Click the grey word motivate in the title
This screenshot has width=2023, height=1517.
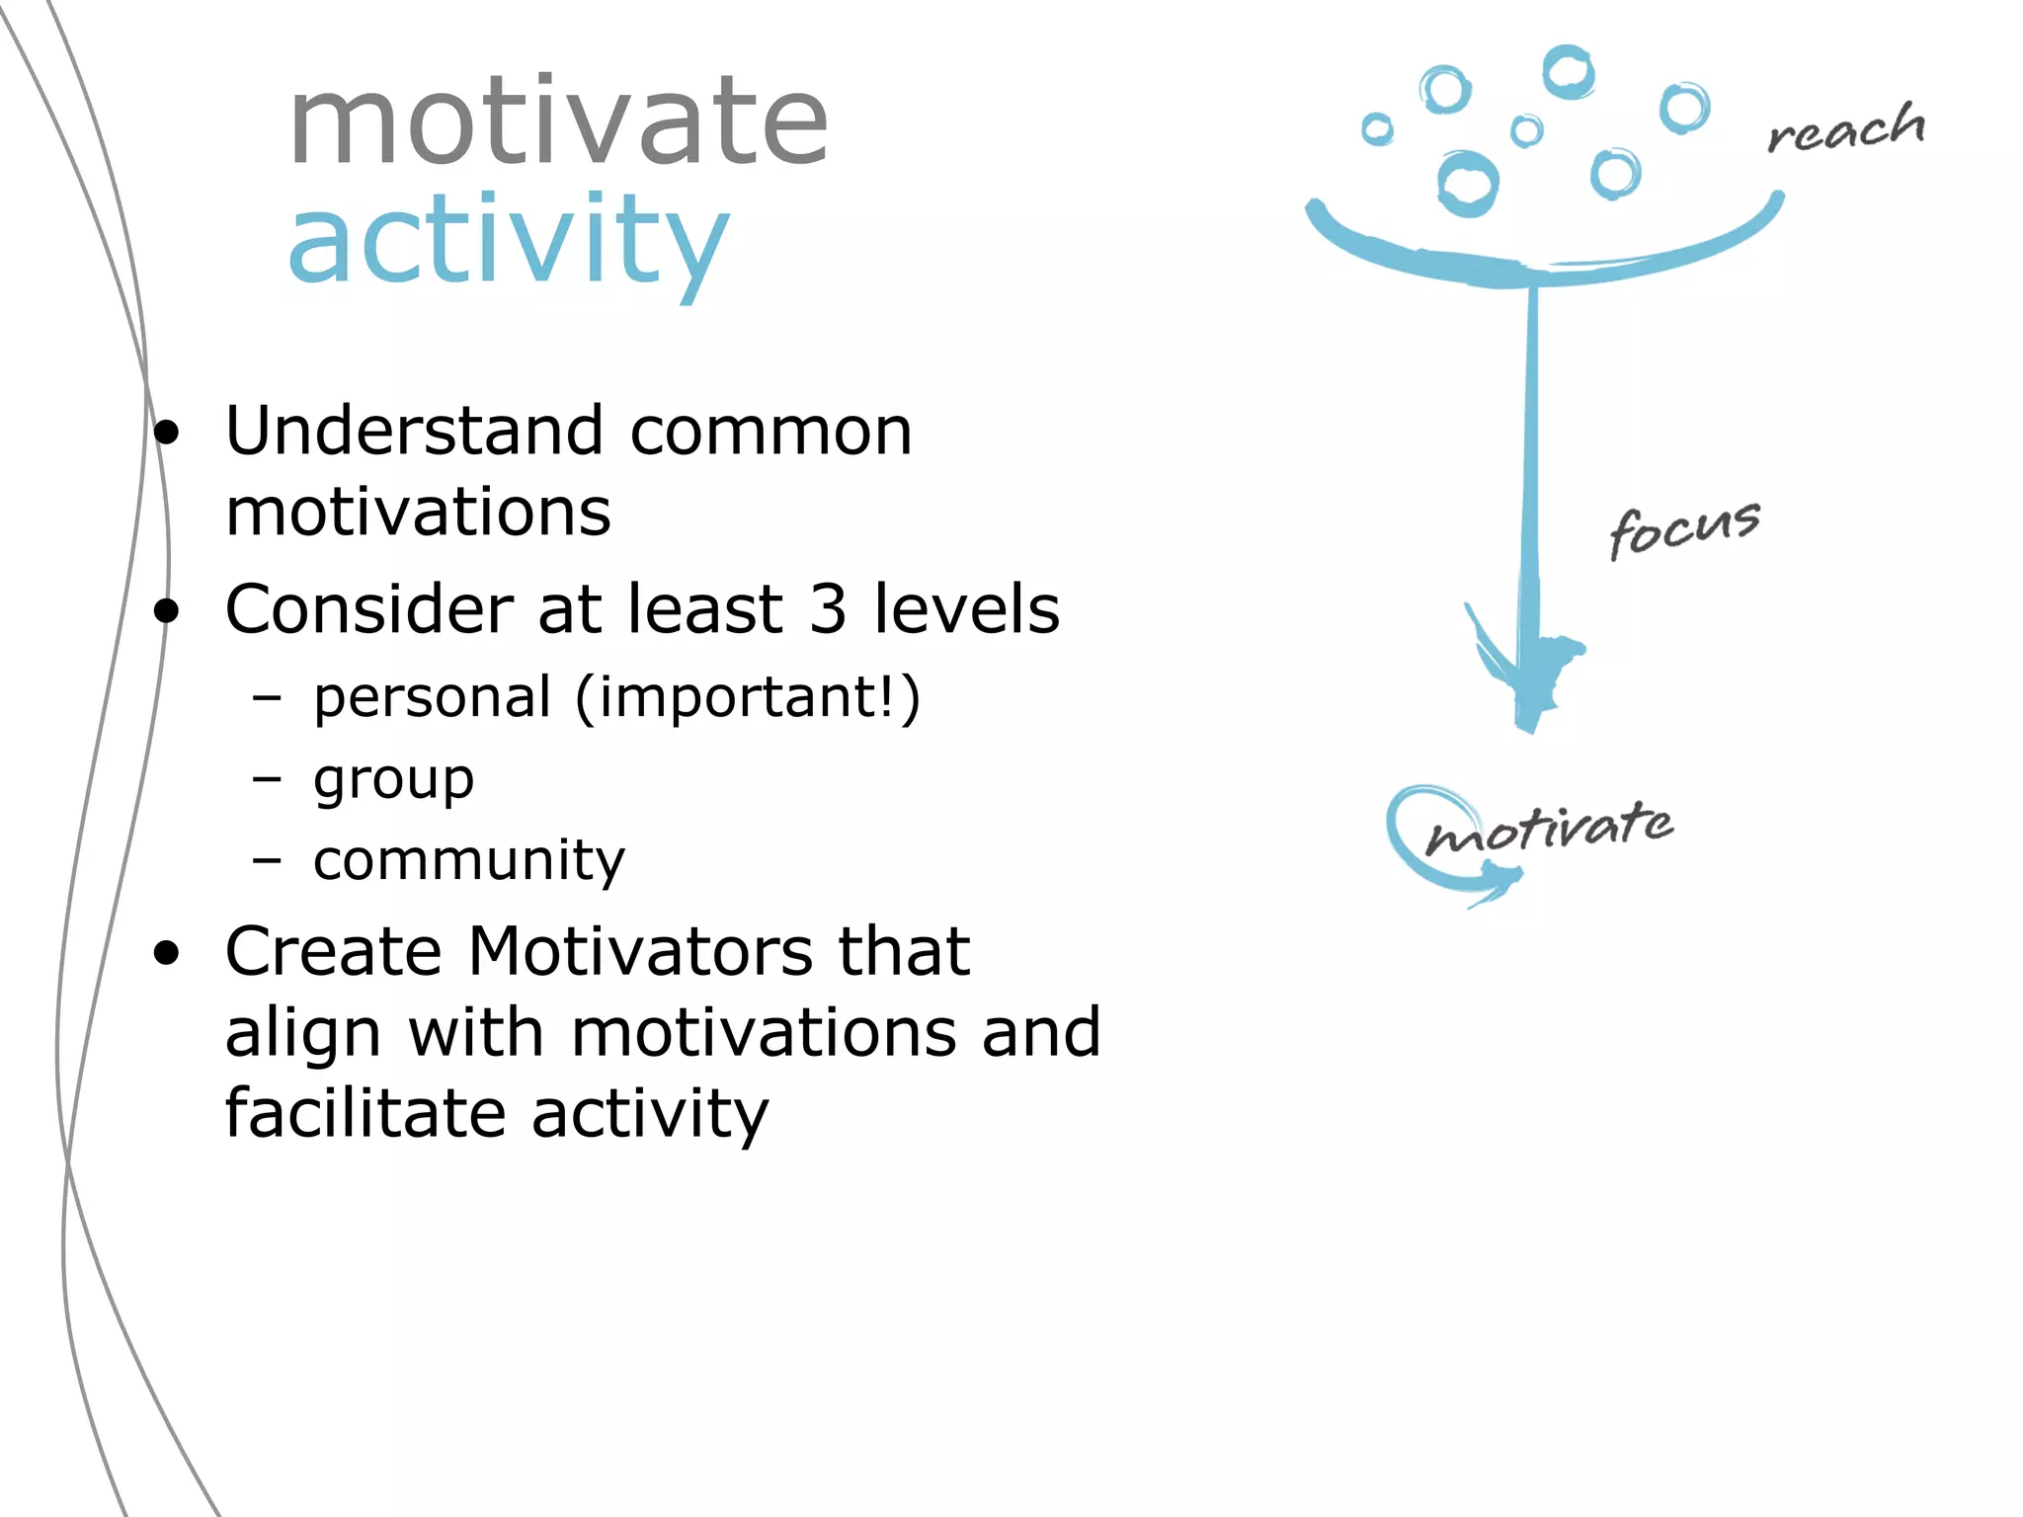pos(558,123)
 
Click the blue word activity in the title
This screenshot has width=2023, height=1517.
pos(508,242)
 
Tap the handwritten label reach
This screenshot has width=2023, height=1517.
pos(1846,129)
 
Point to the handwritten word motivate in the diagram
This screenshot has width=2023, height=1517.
pos(1549,828)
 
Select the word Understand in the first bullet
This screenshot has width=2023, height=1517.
pos(414,432)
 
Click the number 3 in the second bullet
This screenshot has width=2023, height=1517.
pos(828,609)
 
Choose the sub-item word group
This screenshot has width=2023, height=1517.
pos(393,780)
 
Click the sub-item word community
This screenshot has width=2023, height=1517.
pos(469,860)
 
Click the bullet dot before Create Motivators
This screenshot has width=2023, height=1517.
pos(167,953)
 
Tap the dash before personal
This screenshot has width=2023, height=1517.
pos(267,698)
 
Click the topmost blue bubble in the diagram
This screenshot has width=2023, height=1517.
pos(1568,72)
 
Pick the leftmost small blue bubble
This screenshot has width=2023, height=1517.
pos(1377,129)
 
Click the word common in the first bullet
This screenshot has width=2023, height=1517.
pos(770,432)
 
